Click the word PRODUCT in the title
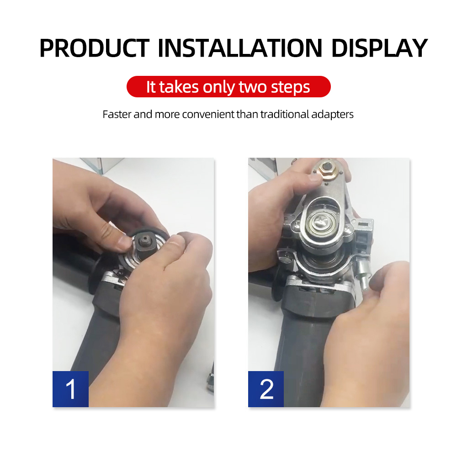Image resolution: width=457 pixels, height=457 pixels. (x=95, y=48)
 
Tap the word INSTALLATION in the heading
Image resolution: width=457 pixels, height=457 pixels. (x=240, y=48)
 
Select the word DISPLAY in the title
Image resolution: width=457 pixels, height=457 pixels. (x=379, y=48)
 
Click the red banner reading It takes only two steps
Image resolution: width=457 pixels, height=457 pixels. (x=228, y=86)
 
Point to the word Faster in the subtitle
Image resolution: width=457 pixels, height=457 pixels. (x=117, y=114)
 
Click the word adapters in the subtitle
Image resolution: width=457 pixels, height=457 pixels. (x=332, y=115)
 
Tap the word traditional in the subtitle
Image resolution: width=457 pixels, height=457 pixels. (x=284, y=114)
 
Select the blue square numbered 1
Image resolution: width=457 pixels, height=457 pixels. (x=70, y=389)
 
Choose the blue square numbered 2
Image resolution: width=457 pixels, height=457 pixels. (x=266, y=389)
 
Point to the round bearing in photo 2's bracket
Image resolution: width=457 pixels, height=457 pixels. (x=321, y=222)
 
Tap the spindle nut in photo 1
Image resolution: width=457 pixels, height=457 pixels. (x=143, y=241)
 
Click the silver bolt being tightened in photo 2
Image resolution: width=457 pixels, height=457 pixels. (x=363, y=272)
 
